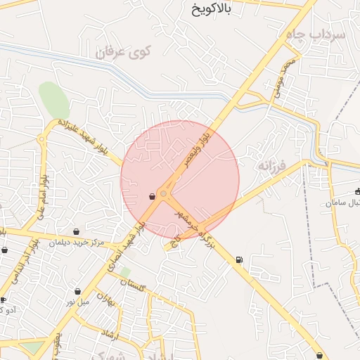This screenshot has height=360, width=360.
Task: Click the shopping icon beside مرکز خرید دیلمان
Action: pos(77,232)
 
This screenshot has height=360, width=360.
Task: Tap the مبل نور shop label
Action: pos(79,302)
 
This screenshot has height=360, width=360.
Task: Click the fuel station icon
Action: pos(240,260)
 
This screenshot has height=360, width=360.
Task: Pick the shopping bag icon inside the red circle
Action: pos(153,197)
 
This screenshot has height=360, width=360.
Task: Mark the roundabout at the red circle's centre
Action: pos(163,193)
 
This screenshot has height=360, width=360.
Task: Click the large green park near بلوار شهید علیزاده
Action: pos(54,101)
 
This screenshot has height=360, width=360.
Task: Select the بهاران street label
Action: pos(105,300)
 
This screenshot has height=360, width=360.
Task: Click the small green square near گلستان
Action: pos(125,271)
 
